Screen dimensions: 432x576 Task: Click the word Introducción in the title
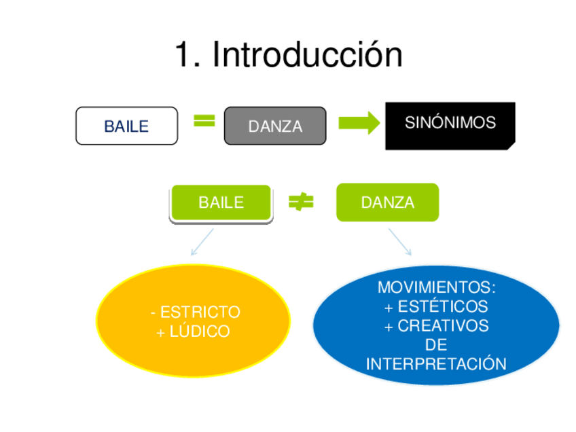click(307, 54)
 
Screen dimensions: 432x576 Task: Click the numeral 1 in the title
click(183, 54)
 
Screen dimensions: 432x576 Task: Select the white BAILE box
click(126, 126)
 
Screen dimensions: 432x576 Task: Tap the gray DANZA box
click(275, 126)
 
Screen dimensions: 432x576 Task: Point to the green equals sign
click(204, 121)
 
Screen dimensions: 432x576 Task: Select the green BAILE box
click(221, 202)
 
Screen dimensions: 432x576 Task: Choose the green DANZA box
click(387, 202)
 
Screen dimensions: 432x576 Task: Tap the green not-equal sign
click(301, 202)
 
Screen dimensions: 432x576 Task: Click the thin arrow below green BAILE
click(202, 242)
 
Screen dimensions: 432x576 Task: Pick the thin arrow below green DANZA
click(400, 242)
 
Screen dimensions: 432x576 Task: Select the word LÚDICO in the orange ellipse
click(201, 332)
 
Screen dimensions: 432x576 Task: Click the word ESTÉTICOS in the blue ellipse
click(442, 306)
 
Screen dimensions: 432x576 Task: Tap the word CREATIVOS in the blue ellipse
click(443, 326)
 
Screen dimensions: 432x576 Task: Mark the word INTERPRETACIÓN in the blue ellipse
click(436, 364)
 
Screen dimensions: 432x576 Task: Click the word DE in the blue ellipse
click(436, 345)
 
